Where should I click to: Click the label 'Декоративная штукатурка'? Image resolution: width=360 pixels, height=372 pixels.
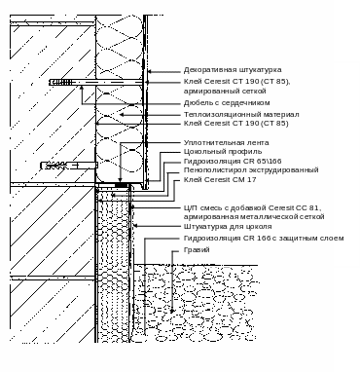233,70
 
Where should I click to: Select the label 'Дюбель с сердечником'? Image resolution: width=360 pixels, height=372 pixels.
227,103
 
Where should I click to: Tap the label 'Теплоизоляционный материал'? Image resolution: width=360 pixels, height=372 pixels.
241,115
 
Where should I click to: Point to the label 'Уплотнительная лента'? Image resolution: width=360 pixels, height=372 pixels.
226,143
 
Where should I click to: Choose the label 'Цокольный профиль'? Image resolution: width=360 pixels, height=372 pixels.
223,152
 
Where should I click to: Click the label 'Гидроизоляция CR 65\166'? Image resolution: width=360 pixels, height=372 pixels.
233,161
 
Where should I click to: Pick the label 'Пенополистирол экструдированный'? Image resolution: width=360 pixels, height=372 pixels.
251,170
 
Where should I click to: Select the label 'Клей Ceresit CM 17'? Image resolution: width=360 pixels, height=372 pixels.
220,179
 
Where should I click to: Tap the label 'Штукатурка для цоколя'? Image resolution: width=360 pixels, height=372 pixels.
228,227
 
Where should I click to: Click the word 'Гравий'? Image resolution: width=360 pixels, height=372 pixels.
197,250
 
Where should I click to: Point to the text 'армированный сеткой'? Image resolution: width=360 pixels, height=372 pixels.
225,92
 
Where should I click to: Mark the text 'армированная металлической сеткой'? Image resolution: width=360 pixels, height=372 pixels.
254,216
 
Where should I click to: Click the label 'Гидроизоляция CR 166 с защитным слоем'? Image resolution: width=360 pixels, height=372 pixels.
264,239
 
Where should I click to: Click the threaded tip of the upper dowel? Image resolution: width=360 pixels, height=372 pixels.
60,83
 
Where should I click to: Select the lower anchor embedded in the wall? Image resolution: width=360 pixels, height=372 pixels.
69,166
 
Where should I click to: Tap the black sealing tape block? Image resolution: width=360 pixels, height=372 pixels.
122,185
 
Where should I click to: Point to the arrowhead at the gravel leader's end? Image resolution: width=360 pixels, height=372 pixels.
172,311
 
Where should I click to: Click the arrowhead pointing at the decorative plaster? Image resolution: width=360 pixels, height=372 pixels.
150,72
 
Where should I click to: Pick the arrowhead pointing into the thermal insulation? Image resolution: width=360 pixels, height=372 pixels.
122,115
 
